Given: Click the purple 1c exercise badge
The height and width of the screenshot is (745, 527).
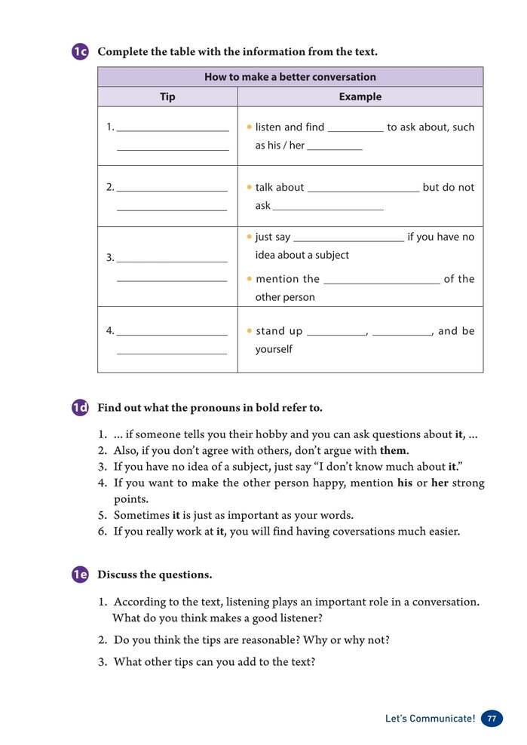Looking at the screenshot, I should (x=81, y=52).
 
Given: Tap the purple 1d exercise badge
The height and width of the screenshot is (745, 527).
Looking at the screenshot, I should (x=81, y=408).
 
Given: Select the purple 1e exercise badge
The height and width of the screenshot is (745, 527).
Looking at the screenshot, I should (x=81, y=575).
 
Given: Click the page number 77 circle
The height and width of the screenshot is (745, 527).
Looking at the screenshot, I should (x=492, y=719).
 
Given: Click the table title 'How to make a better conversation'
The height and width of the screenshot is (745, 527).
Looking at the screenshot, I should (x=290, y=77).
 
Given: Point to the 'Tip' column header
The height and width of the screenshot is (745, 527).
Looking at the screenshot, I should (x=167, y=97).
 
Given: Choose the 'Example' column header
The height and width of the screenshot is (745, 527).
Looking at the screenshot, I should (x=360, y=97).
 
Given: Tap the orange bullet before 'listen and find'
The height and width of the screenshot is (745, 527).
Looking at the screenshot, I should (x=249, y=127).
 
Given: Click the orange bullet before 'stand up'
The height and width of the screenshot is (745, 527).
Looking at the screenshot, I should (x=249, y=331).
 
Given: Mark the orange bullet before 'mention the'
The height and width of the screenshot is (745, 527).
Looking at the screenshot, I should (x=249, y=279).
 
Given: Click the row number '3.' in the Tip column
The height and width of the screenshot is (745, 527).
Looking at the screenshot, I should (x=110, y=258).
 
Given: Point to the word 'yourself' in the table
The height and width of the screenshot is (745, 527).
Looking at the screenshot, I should (x=274, y=349).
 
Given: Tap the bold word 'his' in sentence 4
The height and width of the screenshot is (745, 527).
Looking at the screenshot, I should (x=405, y=483).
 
